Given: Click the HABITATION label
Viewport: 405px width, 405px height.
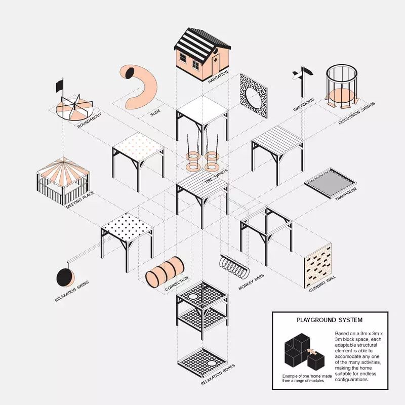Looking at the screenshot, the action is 218,77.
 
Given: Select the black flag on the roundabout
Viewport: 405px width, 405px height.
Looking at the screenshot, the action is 59,85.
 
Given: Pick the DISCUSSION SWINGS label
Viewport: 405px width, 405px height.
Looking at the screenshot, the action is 357,113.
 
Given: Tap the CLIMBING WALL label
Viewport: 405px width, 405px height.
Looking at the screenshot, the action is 322,284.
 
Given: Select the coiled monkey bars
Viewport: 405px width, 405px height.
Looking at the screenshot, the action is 234,267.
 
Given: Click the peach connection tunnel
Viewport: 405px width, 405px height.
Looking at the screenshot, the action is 165,271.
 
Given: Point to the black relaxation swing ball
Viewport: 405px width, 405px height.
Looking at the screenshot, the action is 65,277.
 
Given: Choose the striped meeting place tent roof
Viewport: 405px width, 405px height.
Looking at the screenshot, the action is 64,171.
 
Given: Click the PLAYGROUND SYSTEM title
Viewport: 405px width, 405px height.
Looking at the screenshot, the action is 330,320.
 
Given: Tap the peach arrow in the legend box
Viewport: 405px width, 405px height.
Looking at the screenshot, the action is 312,351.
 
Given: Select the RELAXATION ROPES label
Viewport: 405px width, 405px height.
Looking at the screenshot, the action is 218,375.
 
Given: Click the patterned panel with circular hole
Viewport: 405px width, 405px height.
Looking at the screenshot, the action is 254,96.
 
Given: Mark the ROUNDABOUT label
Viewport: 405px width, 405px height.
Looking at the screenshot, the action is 90,120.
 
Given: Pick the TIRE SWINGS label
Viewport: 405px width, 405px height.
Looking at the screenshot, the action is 217,176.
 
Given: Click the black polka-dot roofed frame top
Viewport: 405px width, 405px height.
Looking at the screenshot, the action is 127,227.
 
